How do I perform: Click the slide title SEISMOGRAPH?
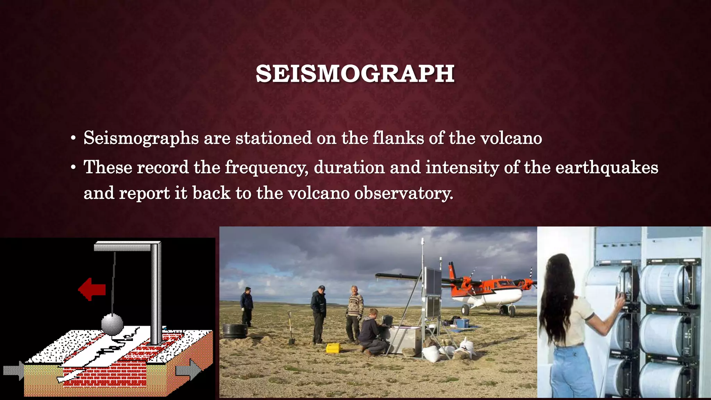(x=355, y=74)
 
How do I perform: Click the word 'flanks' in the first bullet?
(x=398, y=138)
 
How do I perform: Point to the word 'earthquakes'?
(x=607, y=168)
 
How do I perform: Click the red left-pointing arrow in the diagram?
(x=92, y=289)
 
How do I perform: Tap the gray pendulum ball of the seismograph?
(x=112, y=324)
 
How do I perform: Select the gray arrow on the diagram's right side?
(x=188, y=370)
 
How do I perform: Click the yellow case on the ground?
(x=334, y=348)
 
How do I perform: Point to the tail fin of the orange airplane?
(x=452, y=270)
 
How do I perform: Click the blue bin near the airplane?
(x=462, y=323)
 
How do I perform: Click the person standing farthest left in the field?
(x=247, y=306)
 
